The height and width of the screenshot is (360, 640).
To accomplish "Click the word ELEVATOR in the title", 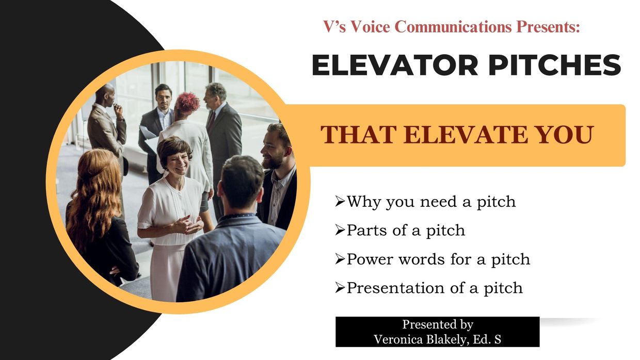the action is tap(395, 65).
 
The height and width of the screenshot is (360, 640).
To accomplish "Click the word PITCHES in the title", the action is tap(555, 65).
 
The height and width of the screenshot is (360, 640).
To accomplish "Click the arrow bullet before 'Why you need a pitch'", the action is tap(340, 202).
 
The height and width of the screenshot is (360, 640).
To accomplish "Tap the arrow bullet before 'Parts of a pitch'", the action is tap(340, 231).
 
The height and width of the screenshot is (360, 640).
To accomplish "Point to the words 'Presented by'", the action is tap(438, 325).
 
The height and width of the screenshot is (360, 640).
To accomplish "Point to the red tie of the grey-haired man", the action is tap(212, 121).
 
